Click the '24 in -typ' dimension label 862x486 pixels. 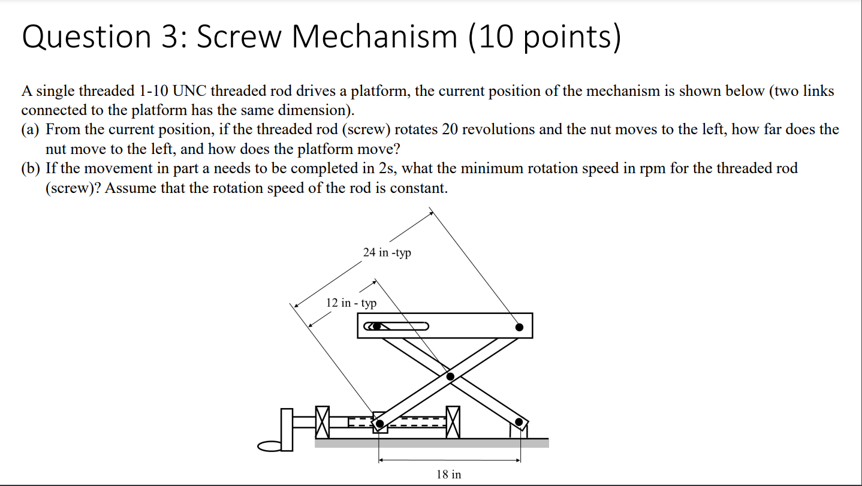pos(387,252)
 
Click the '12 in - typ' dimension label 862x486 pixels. pos(351,303)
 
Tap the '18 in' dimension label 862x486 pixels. pos(449,475)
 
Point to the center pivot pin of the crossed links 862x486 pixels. pos(451,376)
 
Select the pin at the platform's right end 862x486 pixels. pos(519,327)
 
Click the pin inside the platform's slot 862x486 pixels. pos(376,327)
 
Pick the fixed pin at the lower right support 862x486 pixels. pos(519,422)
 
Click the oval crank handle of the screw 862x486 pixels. pos(270,446)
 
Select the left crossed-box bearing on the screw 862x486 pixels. pos(323,422)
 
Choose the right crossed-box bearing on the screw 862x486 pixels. pos(453,422)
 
